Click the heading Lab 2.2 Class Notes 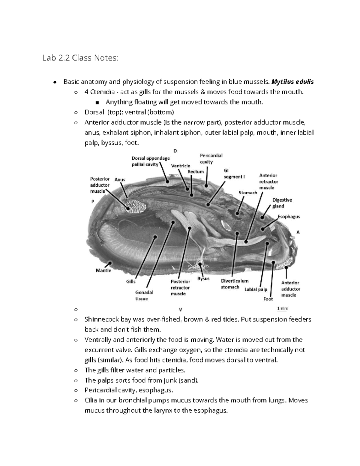[x=80, y=58]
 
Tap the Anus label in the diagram [x=120, y=179]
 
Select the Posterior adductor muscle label [x=100, y=185]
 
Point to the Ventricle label [x=180, y=166]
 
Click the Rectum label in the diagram [x=196, y=172]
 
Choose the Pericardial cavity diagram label [x=211, y=158]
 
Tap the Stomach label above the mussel [x=248, y=192]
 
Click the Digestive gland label [x=282, y=203]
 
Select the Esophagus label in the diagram [x=289, y=216]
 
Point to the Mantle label [x=103, y=270]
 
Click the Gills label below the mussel [x=131, y=281]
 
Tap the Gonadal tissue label [x=144, y=295]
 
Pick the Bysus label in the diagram [x=203, y=278]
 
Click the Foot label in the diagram [x=268, y=299]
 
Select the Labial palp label [x=256, y=289]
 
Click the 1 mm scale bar [x=282, y=308]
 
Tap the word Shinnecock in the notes [x=101, y=319]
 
